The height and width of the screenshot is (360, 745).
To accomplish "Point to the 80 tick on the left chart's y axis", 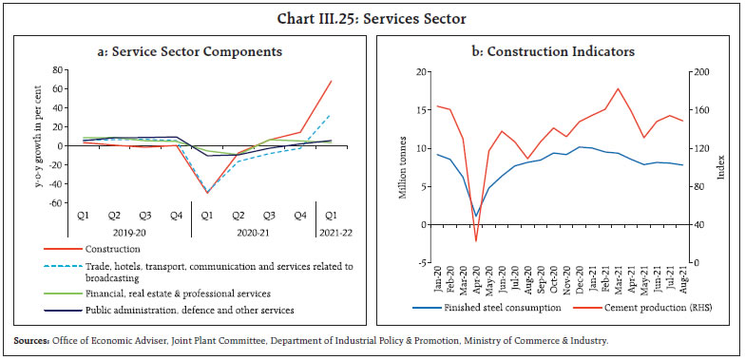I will [58, 70].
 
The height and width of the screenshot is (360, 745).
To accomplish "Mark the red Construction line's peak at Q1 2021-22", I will [331, 81].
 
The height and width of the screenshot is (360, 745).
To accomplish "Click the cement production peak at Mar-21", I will [619, 88].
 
